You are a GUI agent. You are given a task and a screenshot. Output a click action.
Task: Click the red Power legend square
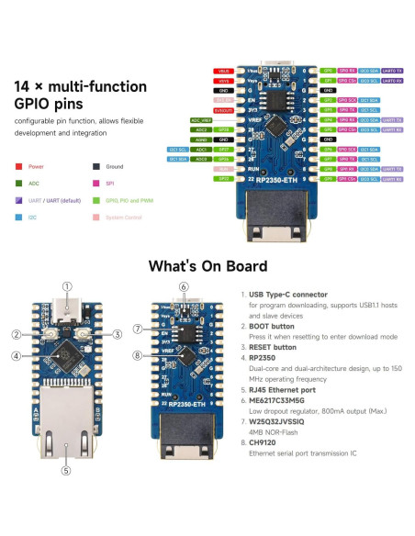tap(19, 167)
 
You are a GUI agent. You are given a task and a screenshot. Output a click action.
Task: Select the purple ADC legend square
tap(19, 184)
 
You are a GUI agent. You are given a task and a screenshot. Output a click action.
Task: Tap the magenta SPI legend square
tap(96, 184)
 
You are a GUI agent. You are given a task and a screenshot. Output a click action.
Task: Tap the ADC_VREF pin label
tap(201, 120)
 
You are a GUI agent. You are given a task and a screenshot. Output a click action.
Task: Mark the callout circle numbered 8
tap(138, 355)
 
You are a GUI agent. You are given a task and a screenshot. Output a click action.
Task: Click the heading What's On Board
tap(207, 266)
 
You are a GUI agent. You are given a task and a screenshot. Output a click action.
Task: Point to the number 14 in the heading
tap(26, 87)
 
